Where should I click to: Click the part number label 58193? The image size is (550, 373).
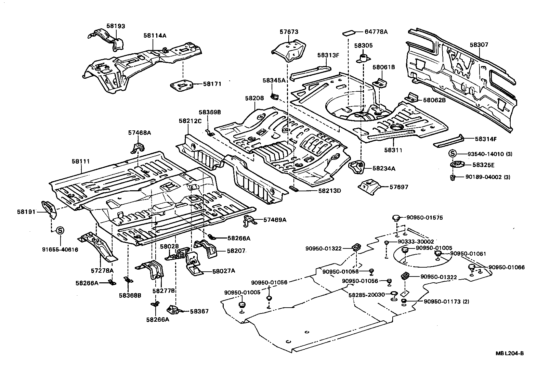(116, 26)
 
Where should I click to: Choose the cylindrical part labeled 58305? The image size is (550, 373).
(363, 58)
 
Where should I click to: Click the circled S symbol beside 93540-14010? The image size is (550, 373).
(452, 154)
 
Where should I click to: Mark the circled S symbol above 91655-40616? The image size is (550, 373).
(60, 230)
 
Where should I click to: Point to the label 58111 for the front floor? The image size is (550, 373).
(81, 161)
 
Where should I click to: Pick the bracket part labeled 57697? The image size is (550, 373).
(369, 186)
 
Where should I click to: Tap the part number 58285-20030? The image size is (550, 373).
(367, 295)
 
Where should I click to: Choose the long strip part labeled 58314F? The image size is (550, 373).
(448, 141)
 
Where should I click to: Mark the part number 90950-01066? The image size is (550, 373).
(506, 267)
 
